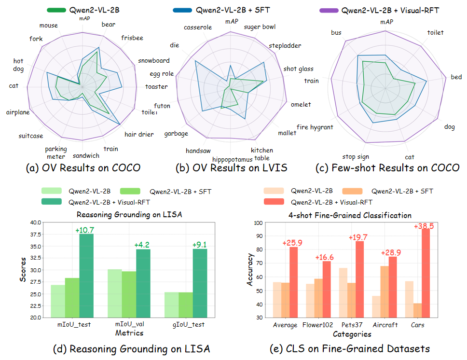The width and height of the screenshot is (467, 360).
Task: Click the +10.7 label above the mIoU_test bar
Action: coord(85,230)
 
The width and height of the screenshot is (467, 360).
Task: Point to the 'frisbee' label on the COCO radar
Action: coord(132,37)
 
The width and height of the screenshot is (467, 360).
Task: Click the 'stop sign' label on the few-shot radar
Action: coord(356,156)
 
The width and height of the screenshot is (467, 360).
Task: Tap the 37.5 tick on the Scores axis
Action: coord(35,234)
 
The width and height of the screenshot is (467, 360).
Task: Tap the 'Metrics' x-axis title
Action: coord(129,332)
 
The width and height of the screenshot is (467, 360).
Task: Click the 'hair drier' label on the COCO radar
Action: coord(139,135)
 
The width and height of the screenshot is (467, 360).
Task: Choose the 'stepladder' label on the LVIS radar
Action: coord(285,45)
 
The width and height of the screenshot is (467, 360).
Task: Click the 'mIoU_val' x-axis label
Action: coord(129,324)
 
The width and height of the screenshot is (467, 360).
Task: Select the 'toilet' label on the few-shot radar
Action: coord(435,32)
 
